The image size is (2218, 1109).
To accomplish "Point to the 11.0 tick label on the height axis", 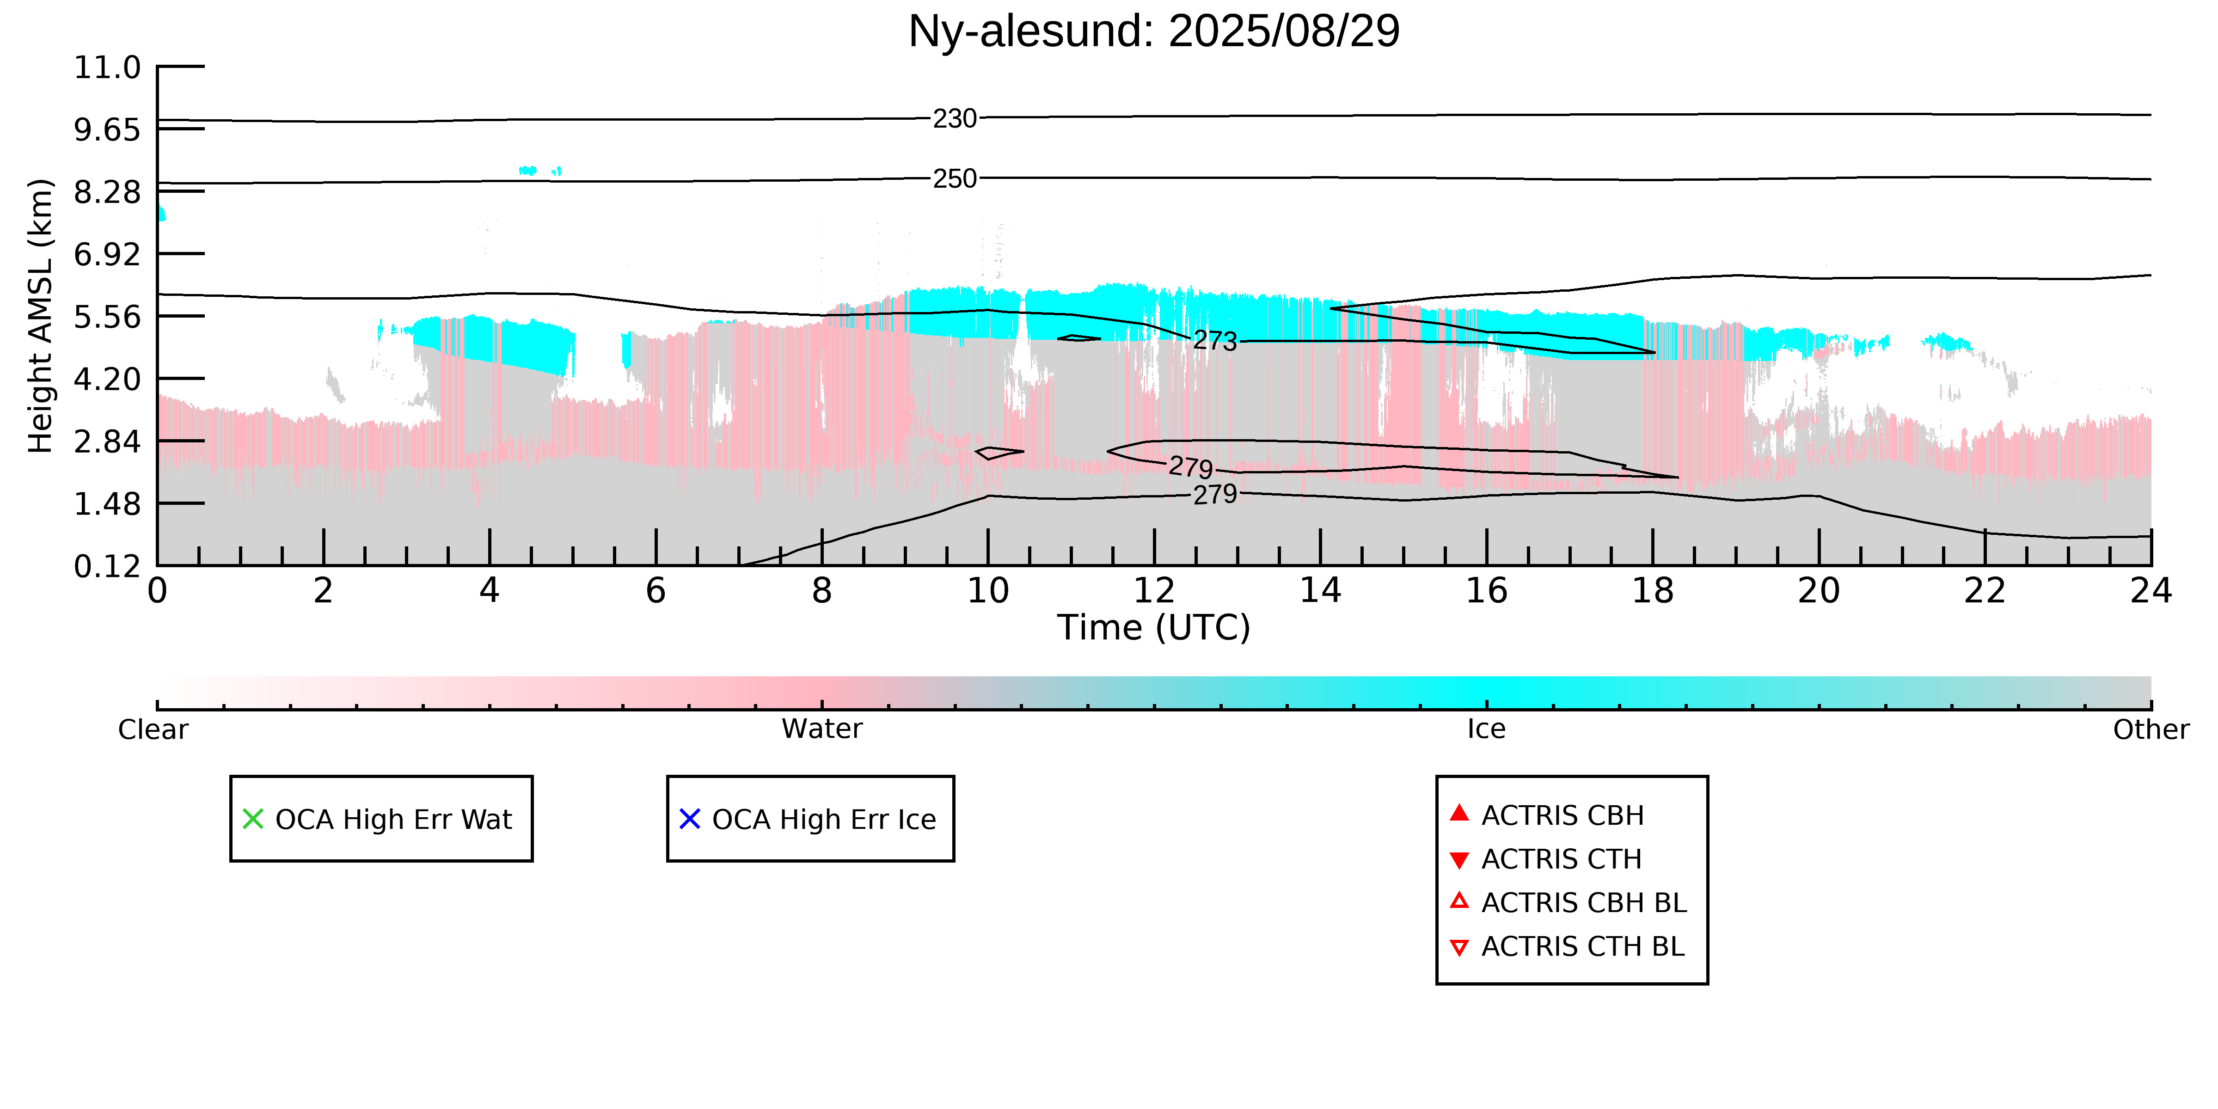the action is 107,67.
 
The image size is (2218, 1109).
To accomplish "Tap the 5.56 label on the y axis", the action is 107,317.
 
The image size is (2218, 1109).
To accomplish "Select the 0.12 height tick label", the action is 107,567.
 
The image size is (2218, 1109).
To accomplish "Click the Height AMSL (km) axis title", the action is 41,316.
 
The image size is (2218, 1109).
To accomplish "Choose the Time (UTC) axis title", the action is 1154,628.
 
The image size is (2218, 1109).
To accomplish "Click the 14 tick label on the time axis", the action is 1320,591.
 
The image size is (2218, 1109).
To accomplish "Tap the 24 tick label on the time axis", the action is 2151,591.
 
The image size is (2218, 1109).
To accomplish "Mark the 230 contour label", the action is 955,119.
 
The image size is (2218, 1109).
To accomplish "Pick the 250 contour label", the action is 955,179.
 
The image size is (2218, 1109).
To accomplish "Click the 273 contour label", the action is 1215,341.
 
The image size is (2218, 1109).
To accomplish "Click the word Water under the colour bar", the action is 821,729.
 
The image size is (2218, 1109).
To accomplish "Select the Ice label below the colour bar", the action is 1486,729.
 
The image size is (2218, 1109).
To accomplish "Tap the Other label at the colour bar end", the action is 2151,729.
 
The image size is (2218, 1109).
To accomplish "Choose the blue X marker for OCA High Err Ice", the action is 690,819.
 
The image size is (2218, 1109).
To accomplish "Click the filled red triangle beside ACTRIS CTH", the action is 1458,859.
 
